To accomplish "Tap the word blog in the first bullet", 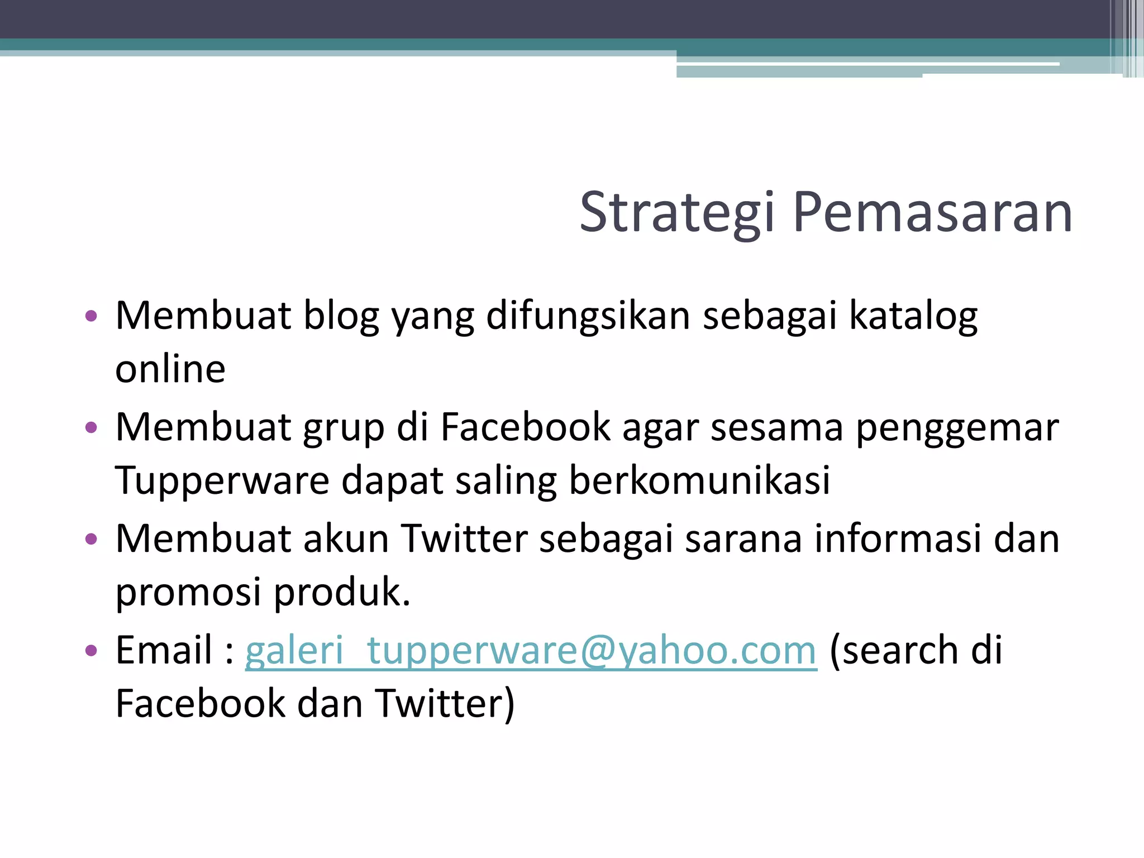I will [341, 317].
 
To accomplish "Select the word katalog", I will [913, 317].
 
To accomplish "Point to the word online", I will [170, 370].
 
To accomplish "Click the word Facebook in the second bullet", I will [525, 428].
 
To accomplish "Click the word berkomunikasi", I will [699, 480].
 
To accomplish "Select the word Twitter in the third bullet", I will [464, 538].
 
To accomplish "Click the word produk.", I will [342, 592].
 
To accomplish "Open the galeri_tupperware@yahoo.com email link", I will [531, 651].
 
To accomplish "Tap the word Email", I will [164, 650].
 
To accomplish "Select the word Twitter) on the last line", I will [445, 704].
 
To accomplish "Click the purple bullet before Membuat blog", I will [91, 317].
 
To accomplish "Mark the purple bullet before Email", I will [91, 651].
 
